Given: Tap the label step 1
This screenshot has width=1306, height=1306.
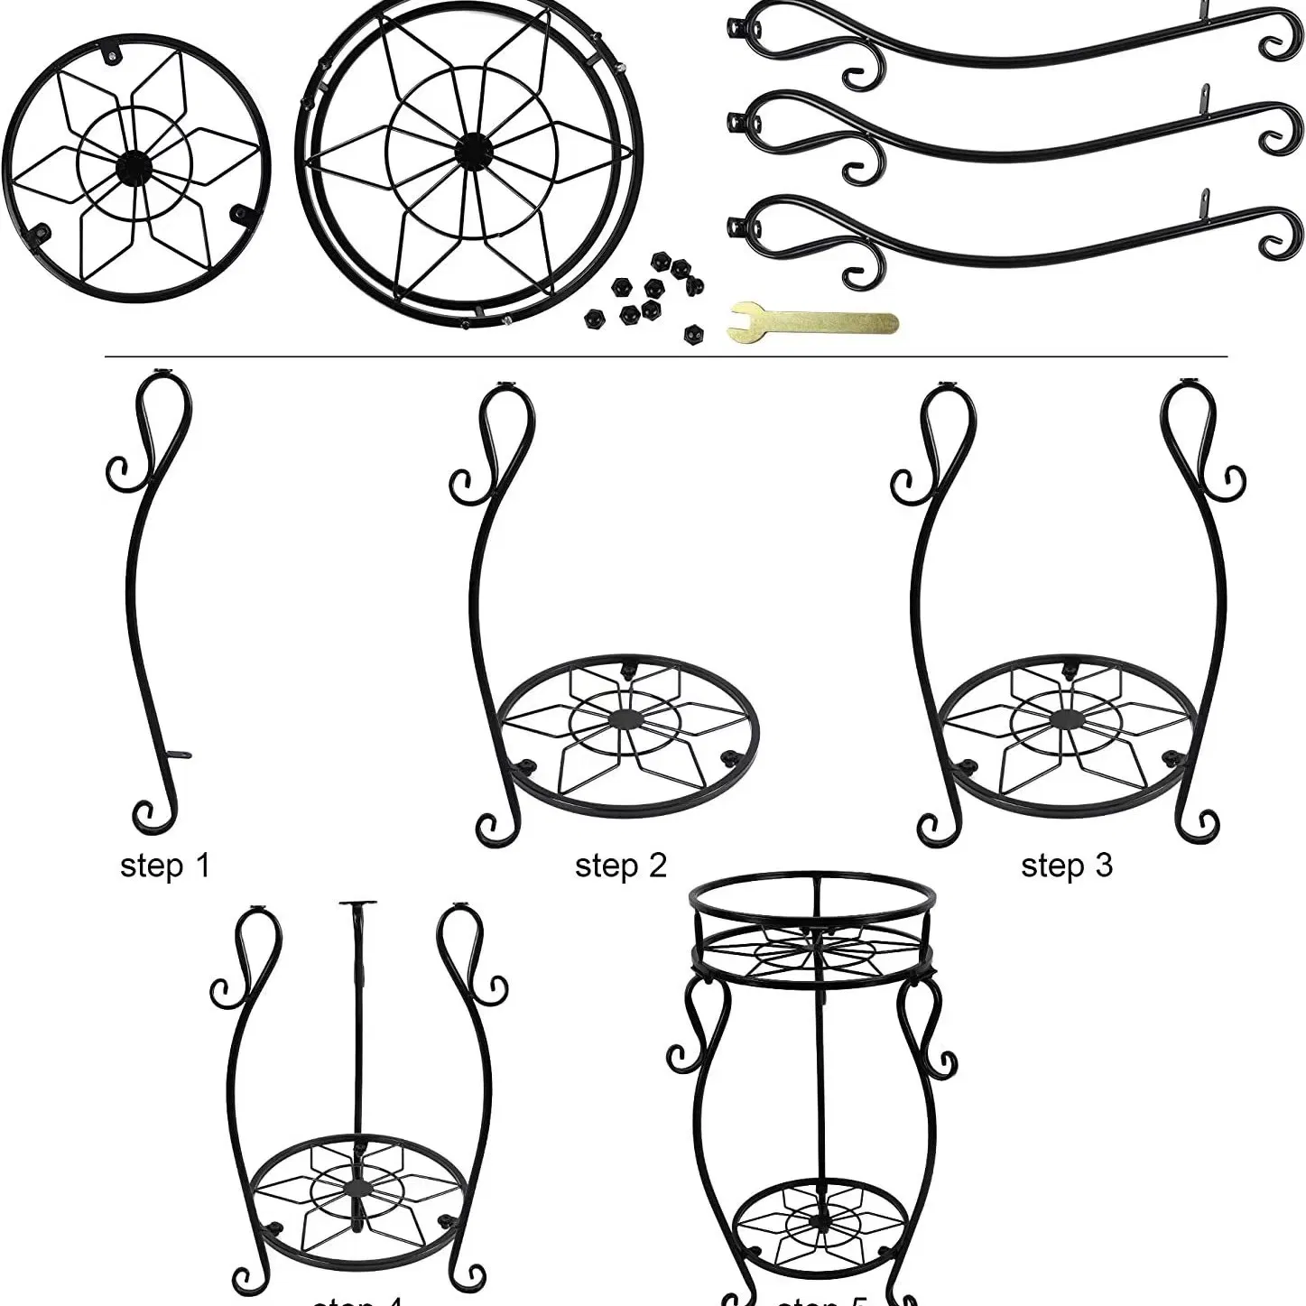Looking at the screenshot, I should tap(164, 866).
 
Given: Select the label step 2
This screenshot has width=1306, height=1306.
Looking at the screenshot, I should tap(620, 866).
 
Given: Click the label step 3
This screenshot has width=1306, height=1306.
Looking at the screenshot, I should tap(1066, 866).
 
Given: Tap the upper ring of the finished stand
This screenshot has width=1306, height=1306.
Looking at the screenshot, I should tap(810, 894).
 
